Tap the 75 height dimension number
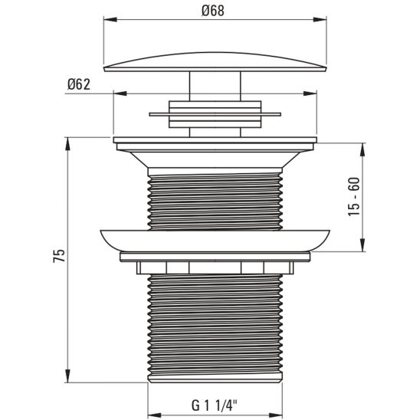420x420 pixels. click(59, 256)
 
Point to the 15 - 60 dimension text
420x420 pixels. click(354, 196)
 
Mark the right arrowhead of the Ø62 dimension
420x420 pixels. click(313, 94)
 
